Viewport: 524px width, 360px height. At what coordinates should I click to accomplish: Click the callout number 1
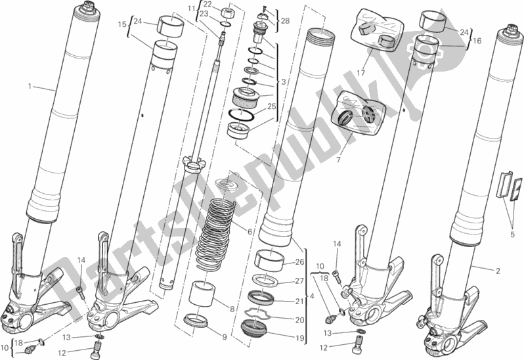(x=30, y=87)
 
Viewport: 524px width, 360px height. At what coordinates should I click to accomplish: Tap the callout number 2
(x=498, y=271)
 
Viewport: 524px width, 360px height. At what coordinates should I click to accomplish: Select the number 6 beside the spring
(x=250, y=231)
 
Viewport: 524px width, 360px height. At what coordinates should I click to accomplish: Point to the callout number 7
(x=338, y=160)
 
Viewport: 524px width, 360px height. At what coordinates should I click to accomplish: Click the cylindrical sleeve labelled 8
(x=201, y=294)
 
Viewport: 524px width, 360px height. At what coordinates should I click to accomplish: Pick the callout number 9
(x=224, y=337)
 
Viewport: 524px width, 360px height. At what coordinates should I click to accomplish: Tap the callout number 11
(x=191, y=9)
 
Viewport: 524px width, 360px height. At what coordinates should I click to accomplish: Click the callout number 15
(x=122, y=24)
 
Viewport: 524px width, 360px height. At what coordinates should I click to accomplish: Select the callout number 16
(x=477, y=41)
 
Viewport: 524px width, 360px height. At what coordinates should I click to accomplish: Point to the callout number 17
(x=360, y=72)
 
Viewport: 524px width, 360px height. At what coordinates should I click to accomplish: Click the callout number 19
(x=300, y=338)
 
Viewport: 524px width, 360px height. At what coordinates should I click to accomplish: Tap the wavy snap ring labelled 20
(x=257, y=314)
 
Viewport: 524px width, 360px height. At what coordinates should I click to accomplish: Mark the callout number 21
(x=300, y=301)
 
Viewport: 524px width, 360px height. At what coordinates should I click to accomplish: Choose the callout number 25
(x=272, y=106)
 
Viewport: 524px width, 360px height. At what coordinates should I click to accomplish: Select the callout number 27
(x=300, y=281)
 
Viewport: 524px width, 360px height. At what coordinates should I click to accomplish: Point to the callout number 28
(x=285, y=21)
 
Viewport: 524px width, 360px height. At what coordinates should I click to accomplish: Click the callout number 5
(x=512, y=235)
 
